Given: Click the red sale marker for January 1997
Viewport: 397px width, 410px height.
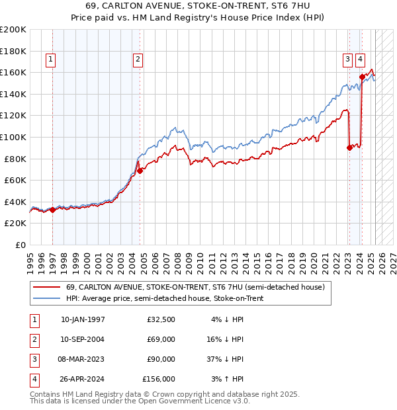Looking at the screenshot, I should click(x=52, y=210).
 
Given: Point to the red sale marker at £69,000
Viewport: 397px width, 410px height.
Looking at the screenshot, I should click(x=140, y=171).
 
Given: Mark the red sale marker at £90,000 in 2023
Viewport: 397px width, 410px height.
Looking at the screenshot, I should click(x=349, y=148).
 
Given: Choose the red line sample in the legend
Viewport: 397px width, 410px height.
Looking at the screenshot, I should click(x=46, y=288).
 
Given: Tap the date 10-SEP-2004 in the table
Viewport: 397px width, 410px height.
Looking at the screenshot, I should click(x=83, y=339).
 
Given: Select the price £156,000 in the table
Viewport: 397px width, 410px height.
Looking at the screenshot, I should click(x=159, y=380).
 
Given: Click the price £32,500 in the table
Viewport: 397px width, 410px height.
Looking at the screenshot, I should click(x=161, y=319).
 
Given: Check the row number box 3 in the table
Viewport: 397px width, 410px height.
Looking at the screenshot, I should click(x=34, y=360).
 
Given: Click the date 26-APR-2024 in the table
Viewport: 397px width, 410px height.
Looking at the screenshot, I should click(x=83, y=380).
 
